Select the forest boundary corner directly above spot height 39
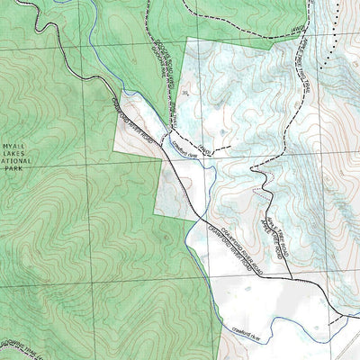(185, 40)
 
